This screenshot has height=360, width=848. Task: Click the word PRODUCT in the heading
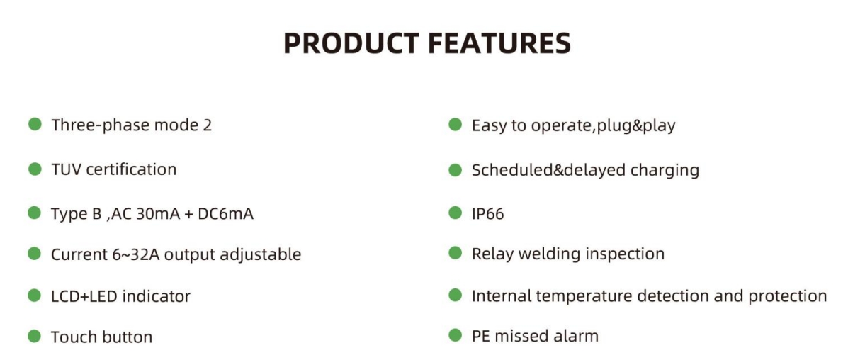(351, 44)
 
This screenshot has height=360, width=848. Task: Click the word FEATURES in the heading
(499, 44)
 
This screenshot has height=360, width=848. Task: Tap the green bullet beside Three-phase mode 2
(35, 125)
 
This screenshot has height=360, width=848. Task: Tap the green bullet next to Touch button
(35, 337)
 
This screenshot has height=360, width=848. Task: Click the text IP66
(488, 214)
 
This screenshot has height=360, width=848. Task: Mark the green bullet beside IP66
(456, 213)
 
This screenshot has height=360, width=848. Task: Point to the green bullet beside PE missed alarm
(456, 336)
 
